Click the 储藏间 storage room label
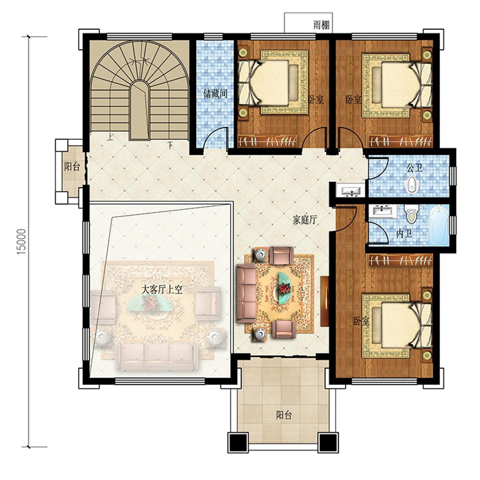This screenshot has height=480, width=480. coord(215,94)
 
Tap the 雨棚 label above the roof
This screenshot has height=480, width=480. coord(322,25)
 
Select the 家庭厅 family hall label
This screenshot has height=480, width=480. coord(305,220)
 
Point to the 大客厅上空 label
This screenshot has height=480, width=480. coord(162,290)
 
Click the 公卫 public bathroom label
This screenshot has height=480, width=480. coord(414,168)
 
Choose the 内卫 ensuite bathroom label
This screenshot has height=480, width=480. coord(404,234)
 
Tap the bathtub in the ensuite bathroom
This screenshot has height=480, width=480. coord(438,225)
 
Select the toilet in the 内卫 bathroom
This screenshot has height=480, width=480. coord(411,214)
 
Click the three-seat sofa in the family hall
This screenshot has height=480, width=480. coord(246,294)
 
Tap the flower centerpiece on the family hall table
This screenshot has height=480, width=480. coord(284,288)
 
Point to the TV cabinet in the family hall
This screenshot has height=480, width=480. coord(324,301)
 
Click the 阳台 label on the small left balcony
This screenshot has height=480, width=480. coord(72,167)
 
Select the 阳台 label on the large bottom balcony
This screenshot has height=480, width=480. coord(284,415)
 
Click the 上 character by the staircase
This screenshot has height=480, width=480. coord(109,137)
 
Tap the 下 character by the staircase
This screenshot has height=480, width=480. coord(170,145)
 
